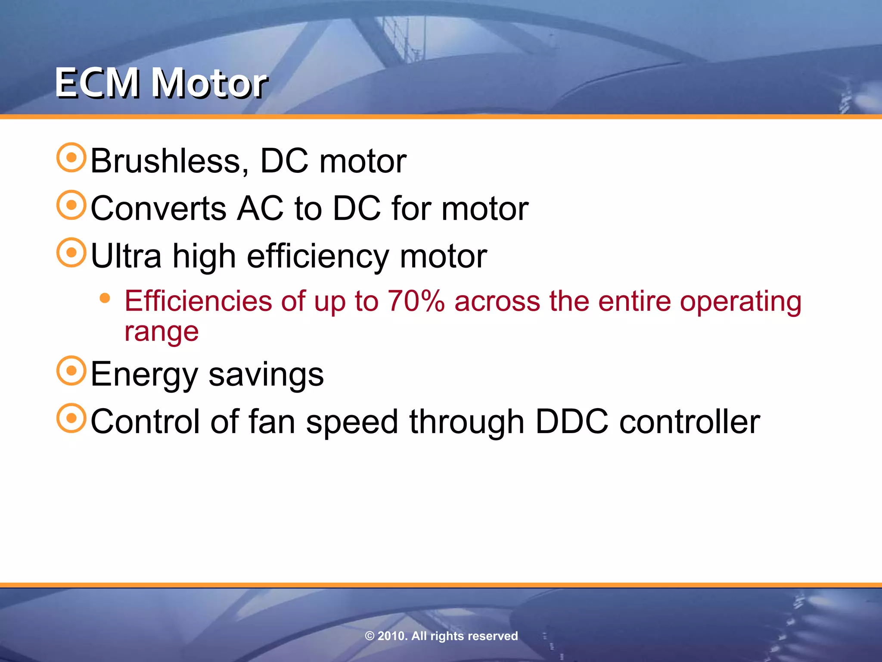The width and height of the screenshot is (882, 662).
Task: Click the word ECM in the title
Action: click(x=97, y=83)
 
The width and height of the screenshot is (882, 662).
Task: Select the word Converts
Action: click(x=158, y=208)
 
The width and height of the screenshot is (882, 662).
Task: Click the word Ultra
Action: click(x=126, y=256)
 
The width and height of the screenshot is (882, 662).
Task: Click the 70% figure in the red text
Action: click(x=416, y=301)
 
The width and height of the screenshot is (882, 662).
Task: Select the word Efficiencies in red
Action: click(x=198, y=301)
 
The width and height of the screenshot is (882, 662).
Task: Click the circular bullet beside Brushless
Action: click(x=71, y=158)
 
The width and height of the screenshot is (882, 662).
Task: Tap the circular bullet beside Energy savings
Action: click(x=71, y=371)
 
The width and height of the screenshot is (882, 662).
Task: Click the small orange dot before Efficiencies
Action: click(x=105, y=298)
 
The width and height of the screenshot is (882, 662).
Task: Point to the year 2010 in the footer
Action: click(x=391, y=636)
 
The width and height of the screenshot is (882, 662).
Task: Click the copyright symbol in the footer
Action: click(x=370, y=636)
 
